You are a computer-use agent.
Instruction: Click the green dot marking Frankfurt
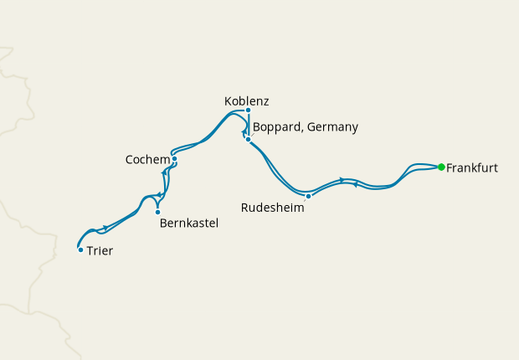[x=441, y=167]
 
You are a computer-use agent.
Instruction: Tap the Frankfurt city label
[x=472, y=168]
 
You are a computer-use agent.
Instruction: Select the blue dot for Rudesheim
[x=309, y=196]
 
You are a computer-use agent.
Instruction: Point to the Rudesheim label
[x=272, y=208]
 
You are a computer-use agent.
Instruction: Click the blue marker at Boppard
[x=249, y=139]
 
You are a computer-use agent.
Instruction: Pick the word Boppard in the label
[x=277, y=127]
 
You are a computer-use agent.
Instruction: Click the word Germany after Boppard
[x=333, y=127]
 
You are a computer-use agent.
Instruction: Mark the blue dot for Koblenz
[x=249, y=110]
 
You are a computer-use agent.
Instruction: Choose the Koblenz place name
[x=247, y=101]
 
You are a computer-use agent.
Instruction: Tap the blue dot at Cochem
[x=174, y=158]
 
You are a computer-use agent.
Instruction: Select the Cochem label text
[x=146, y=159]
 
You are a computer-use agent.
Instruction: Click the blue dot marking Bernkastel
[x=157, y=212]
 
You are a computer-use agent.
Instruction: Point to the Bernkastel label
[x=188, y=224]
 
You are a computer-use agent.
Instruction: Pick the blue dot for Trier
[x=80, y=249]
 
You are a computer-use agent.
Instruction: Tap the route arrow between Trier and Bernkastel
[x=105, y=227]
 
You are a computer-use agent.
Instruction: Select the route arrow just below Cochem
[x=164, y=172]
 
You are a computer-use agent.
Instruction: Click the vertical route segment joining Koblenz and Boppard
[x=249, y=123]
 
